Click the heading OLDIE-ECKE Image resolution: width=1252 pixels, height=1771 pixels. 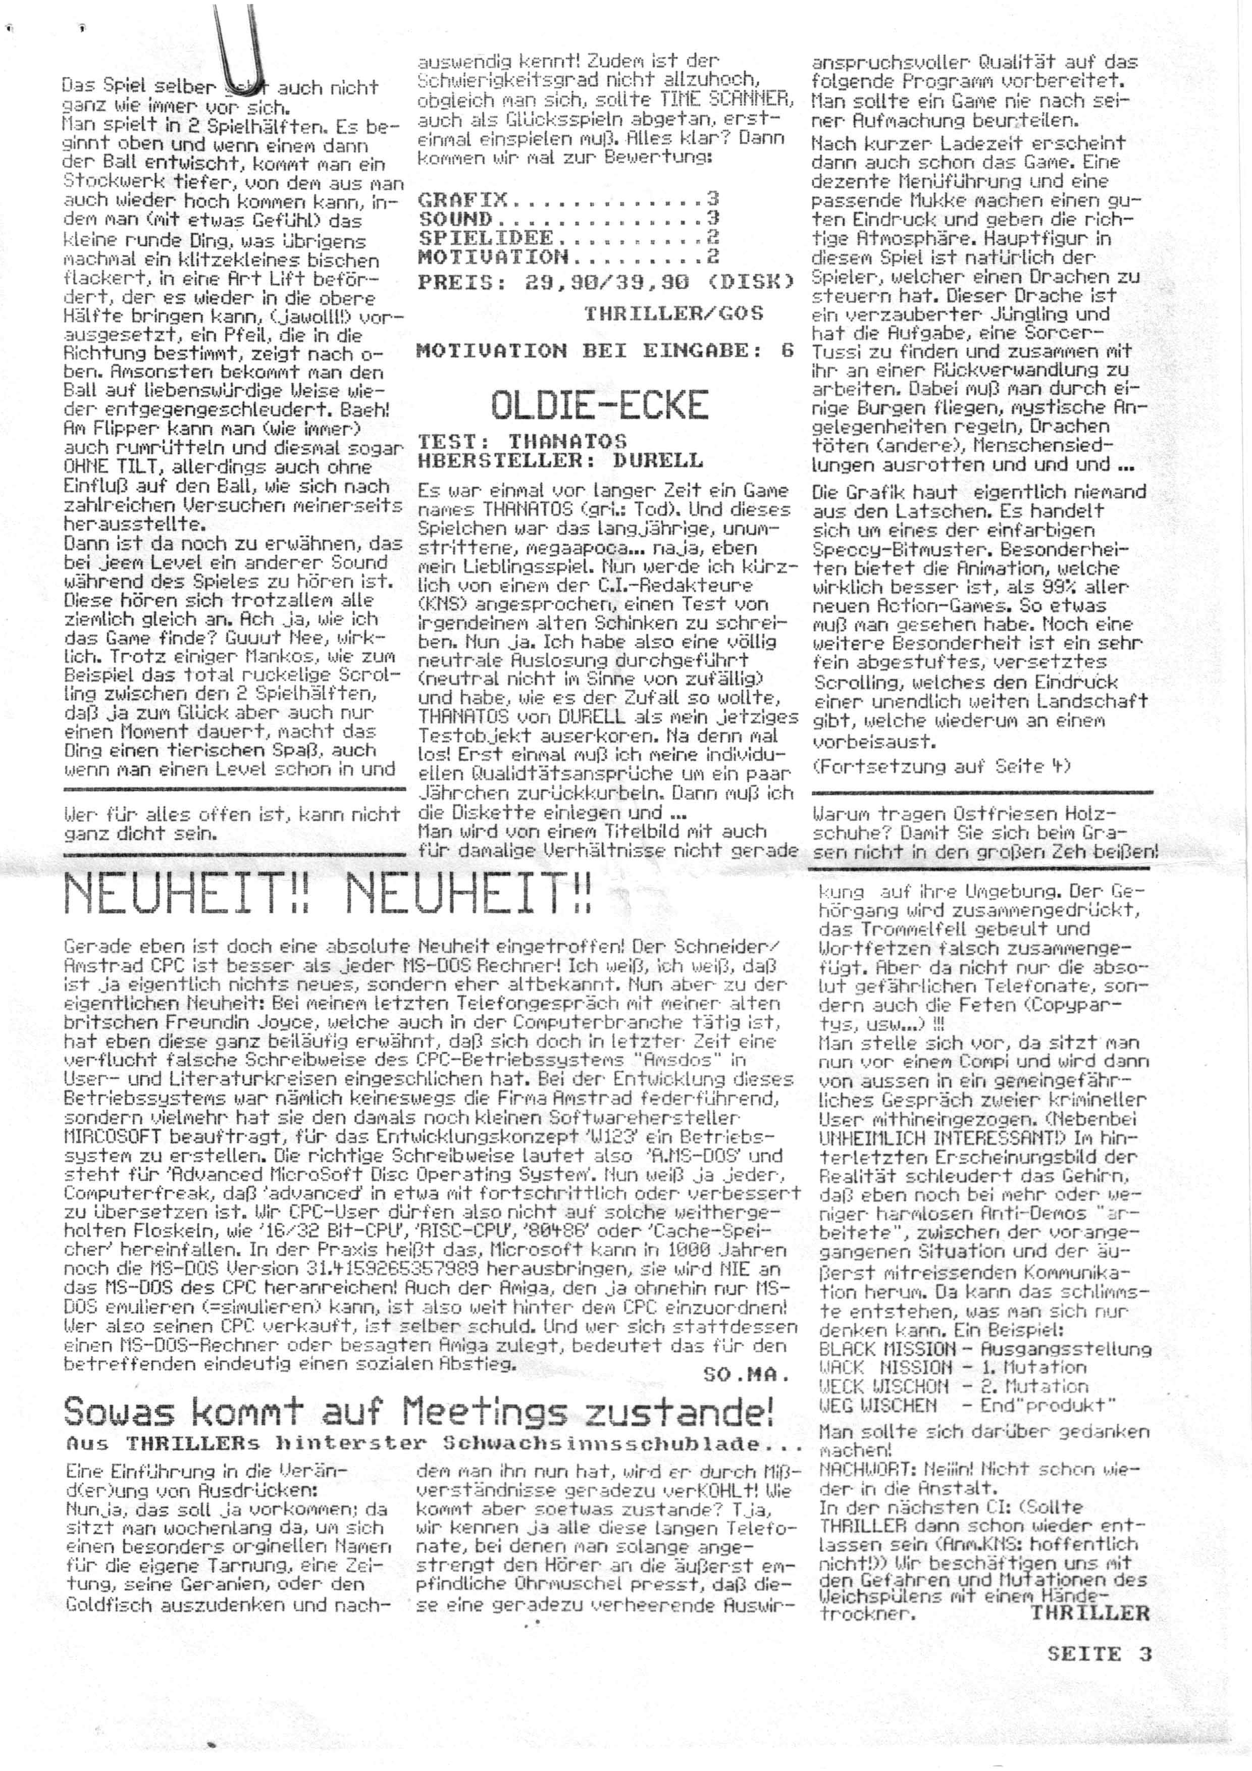pos(599,404)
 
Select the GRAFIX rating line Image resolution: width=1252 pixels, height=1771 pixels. pos(568,199)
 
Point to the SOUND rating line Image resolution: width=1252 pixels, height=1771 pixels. pos(568,218)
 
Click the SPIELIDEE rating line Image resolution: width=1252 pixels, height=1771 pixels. pos(568,238)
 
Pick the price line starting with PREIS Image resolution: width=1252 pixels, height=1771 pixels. pos(606,282)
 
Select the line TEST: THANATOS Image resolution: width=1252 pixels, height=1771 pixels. pos(521,441)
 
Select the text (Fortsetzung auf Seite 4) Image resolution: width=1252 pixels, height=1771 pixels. pos(941,766)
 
